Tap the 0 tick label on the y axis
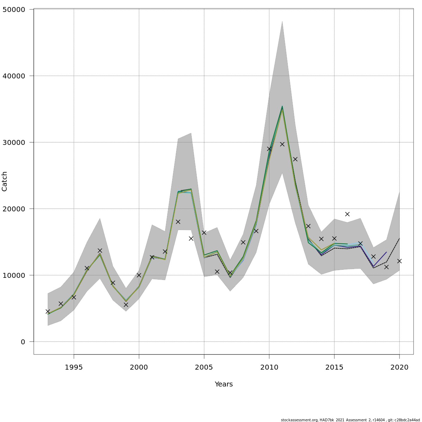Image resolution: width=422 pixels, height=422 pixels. [x=23, y=342]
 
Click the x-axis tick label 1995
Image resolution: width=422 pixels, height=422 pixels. [x=74, y=368]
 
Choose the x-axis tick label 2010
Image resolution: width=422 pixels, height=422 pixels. [x=269, y=368]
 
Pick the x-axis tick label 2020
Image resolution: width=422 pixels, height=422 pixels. [x=399, y=368]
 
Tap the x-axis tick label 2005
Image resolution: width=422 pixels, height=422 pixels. [x=204, y=368]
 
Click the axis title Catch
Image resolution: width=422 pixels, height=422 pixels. [x=5, y=181]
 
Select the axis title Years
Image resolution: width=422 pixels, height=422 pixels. [x=224, y=384]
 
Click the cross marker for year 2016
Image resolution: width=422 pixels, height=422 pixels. [x=347, y=214]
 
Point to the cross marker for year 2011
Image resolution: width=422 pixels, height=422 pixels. [x=282, y=144]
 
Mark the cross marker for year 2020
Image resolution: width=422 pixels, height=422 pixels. [x=399, y=261]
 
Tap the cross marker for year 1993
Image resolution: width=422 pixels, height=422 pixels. [x=48, y=312]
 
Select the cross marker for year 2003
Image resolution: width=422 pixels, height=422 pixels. [x=178, y=222]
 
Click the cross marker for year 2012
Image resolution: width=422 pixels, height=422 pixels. [x=295, y=159]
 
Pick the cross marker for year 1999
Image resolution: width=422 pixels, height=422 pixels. [x=126, y=305]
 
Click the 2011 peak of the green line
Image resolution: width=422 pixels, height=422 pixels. [x=282, y=106]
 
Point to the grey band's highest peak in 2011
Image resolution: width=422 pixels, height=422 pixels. [x=282, y=21]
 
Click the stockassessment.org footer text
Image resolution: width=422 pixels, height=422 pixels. [x=350, y=420]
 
